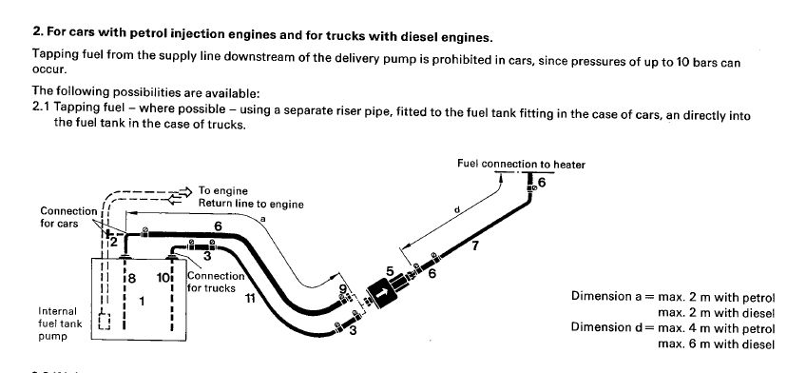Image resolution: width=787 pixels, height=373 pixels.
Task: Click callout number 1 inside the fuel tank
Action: pos(142,301)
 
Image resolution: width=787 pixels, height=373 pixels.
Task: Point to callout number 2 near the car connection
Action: pos(113,243)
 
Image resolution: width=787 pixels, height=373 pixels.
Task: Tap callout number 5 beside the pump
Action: pos(390,271)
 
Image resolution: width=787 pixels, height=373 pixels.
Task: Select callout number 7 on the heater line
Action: pos(475,246)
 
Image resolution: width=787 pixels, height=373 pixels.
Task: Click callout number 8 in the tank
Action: pos(131,278)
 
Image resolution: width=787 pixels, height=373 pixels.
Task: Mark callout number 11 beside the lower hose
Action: pos(250,298)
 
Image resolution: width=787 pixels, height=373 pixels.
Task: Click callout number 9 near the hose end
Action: pos(343,288)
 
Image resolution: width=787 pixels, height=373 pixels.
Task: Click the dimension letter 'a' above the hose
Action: pos(263,219)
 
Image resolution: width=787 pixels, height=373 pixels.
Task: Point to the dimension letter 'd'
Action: pos(457,209)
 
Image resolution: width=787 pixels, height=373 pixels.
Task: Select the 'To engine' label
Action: pos(222,191)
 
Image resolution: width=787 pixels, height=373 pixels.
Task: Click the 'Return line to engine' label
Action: pos(251,204)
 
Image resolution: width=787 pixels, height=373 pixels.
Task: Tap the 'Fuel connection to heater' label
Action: pos(521,164)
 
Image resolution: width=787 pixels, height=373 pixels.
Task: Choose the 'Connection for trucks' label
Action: pos(215,282)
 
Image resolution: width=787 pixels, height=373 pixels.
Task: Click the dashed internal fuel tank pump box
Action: pos(105,322)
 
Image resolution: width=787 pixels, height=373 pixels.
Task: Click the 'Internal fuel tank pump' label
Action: pos(60,324)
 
